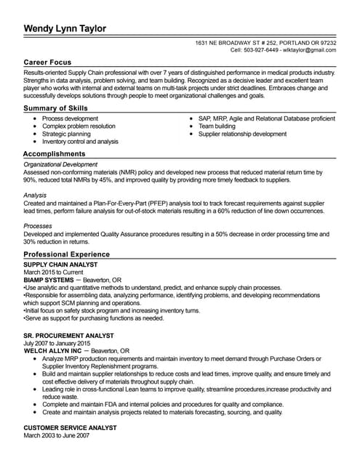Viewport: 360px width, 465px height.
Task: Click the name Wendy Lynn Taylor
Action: [x=65, y=28]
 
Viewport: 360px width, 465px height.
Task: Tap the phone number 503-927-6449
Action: [x=260, y=51]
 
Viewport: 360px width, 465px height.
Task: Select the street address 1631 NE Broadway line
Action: [x=265, y=44]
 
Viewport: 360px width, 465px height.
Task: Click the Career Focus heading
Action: [x=47, y=63]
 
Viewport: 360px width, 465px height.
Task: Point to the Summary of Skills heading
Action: [x=55, y=108]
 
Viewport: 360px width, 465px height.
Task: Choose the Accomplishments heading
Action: [x=54, y=154]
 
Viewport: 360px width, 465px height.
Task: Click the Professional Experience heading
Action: [x=66, y=254]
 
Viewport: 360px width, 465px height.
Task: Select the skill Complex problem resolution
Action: [x=79, y=126]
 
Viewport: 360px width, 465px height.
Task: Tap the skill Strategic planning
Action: [x=66, y=134]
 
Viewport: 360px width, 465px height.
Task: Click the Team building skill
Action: [x=217, y=126]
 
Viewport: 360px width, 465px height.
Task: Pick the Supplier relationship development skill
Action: [x=242, y=134]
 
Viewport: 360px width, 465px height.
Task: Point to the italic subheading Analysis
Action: [x=36, y=195]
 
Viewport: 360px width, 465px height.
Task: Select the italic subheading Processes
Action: [x=39, y=227]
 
